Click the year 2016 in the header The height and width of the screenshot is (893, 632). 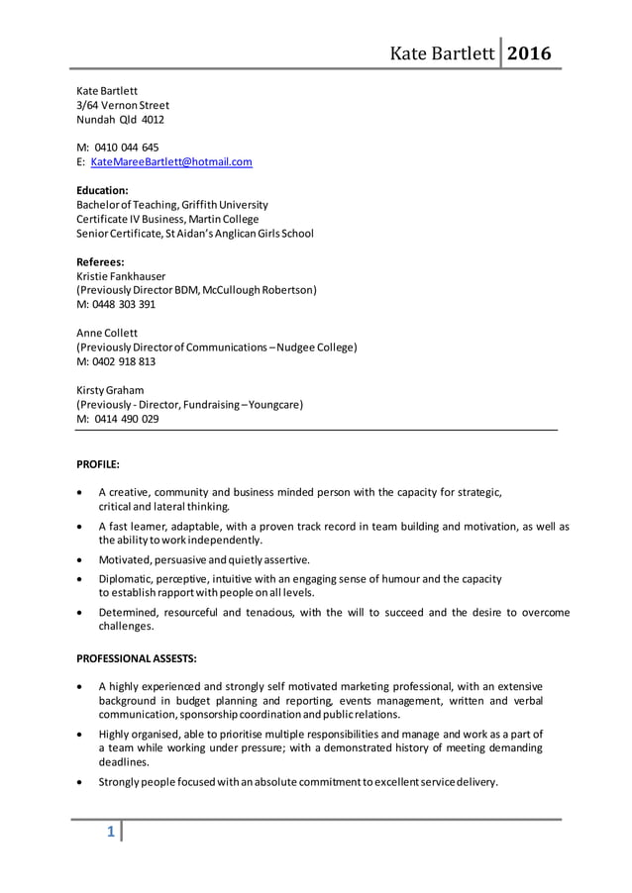pyautogui.click(x=529, y=52)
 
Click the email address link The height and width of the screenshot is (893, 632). pyautogui.click(x=171, y=161)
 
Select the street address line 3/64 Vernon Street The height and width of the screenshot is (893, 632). pyautogui.click(x=123, y=105)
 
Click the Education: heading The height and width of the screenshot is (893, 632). pyautogui.click(x=102, y=190)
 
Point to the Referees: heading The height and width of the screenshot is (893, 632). pyautogui.click(x=100, y=262)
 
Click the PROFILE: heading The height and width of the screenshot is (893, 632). pyautogui.click(x=98, y=463)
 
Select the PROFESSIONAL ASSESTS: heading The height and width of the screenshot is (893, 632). pyautogui.click(x=137, y=658)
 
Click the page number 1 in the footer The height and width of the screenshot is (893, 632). pyautogui.click(x=111, y=833)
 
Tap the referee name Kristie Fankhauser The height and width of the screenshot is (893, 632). pyautogui.click(x=121, y=276)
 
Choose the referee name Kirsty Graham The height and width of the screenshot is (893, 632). pyautogui.click(x=110, y=390)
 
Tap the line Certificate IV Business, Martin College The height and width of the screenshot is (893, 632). pyautogui.click(x=167, y=219)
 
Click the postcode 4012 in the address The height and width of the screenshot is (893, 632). pyautogui.click(x=153, y=120)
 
